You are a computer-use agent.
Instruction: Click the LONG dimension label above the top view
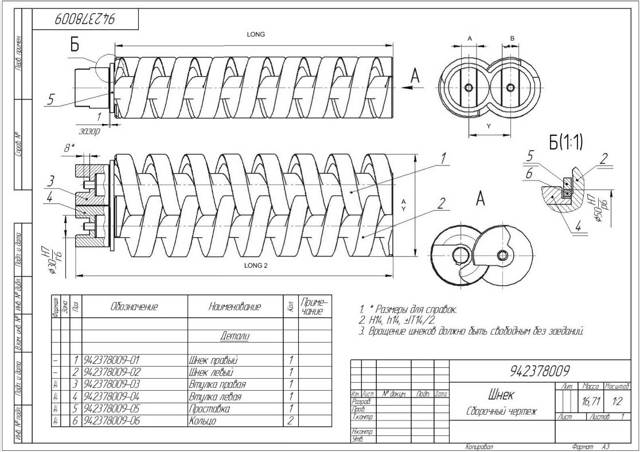pyautogui.click(x=255, y=34)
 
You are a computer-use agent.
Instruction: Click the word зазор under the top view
pyautogui.click(x=89, y=131)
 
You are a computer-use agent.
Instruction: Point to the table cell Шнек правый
pyautogui.click(x=213, y=360)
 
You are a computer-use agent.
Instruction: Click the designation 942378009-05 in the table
pyautogui.click(x=112, y=408)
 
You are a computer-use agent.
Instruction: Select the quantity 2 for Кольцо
pyautogui.click(x=291, y=421)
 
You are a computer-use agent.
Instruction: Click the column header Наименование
pyautogui.click(x=236, y=307)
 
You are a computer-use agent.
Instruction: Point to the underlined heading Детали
pyautogui.click(x=236, y=336)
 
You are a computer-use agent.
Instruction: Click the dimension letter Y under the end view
pyautogui.click(x=487, y=124)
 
